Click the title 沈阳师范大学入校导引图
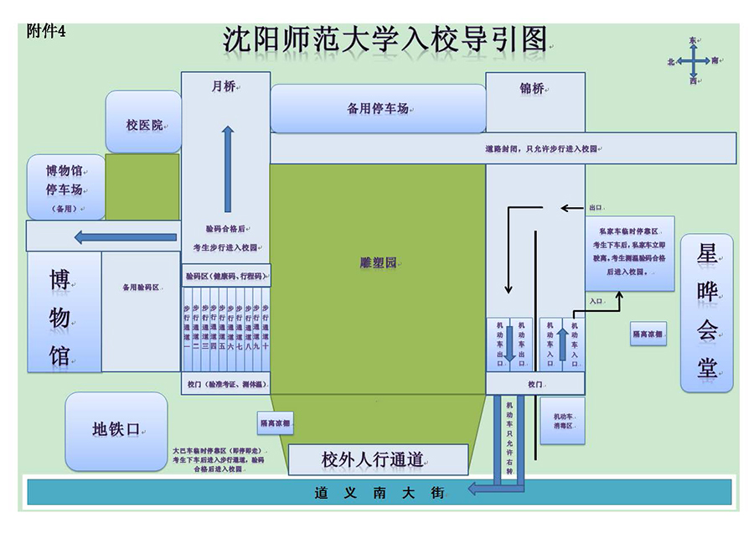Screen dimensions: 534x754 pyautogui.click(x=385, y=39)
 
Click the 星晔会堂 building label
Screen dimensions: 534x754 pyautogui.click(x=706, y=312)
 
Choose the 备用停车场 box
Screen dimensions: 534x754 pyautogui.click(x=378, y=108)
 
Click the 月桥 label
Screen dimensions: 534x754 pyautogui.click(x=224, y=86)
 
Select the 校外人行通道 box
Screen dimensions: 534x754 pyautogui.click(x=377, y=459)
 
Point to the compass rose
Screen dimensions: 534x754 pyautogui.click(x=694, y=61)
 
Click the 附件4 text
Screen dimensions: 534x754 pyautogui.click(x=46, y=31)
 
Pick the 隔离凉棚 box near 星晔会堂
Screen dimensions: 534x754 pyautogui.click(x=648, y=334)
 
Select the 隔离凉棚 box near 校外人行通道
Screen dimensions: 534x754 pyautogui.click(x=275, y=424)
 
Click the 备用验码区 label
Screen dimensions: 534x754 pyautogui.click(x=140, y=288)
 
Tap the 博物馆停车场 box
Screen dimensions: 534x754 pyautogui.click(x=65, y=187)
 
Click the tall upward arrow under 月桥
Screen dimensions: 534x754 pyautogui.click(x=227, y=168)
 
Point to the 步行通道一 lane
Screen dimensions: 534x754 pyautogui.click(x=187, y=327)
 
